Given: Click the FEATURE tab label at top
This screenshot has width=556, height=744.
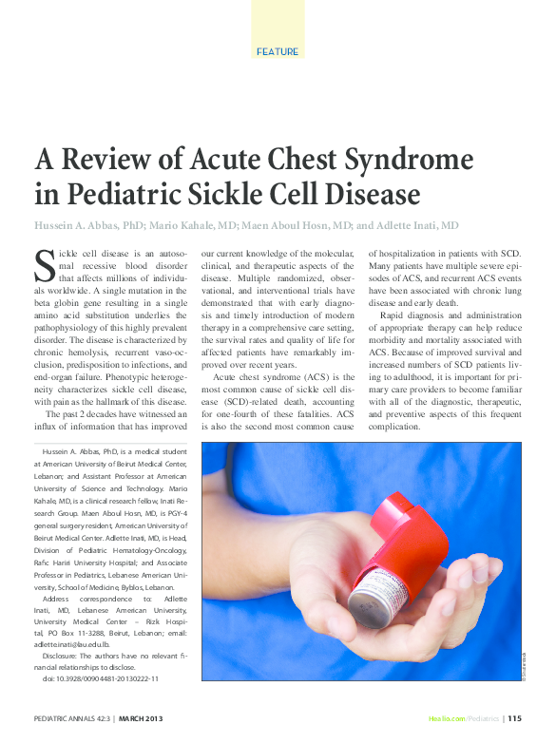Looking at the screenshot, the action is (278, 51).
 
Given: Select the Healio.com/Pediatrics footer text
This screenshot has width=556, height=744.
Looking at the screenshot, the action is (464, 719).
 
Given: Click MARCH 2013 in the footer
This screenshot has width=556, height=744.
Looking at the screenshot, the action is (148, 719).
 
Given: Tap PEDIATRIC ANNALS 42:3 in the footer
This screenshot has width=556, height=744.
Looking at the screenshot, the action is (71, 719).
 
